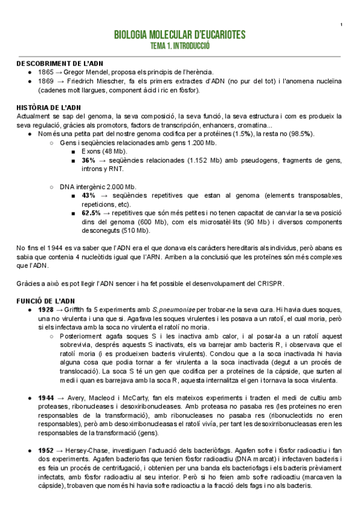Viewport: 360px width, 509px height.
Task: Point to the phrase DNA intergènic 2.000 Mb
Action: [98, 187]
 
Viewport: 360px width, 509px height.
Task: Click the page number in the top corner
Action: [341, 25]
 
